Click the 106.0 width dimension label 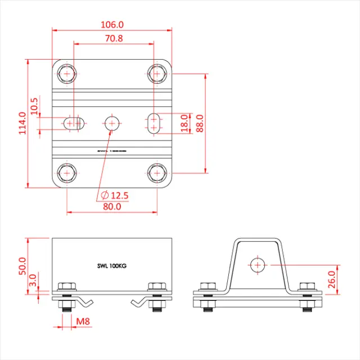[111, 25]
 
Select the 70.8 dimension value [111, 38]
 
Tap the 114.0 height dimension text [22, 123]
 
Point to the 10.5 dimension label [34, 106]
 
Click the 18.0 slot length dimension [185, 123]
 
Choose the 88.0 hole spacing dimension [199, 123]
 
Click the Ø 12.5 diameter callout [115, 195]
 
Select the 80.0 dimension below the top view [112, 206]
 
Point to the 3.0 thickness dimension [33, 280]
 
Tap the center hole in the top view [112, 122]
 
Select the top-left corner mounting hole [67, 73]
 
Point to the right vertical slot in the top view [154, 123]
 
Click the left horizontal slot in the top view [73, 123]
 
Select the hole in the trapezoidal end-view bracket [258, 264]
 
